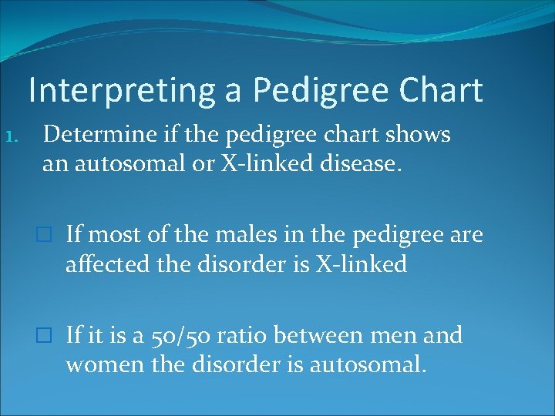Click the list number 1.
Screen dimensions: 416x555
(x=22, y=137)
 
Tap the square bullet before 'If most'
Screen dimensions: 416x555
(x=48, y=233)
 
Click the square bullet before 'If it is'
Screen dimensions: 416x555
(x=48, y=336)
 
